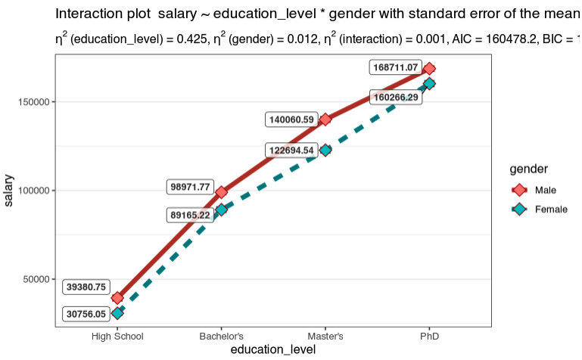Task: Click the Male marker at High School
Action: [117, 298]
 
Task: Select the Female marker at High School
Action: [117, 313]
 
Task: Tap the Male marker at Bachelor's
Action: [221, 192]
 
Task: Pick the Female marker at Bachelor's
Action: [221, 209]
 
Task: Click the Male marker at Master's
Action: [325, 119]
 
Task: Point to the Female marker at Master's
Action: [325, 150]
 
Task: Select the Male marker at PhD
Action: [429, 69]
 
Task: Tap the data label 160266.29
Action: [396, 97]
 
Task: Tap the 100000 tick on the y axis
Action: [33, 191]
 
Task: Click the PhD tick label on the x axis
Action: [429, 336]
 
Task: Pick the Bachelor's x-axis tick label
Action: [221, 336]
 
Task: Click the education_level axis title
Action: [272, 349]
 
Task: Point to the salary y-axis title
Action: [9, 190]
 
